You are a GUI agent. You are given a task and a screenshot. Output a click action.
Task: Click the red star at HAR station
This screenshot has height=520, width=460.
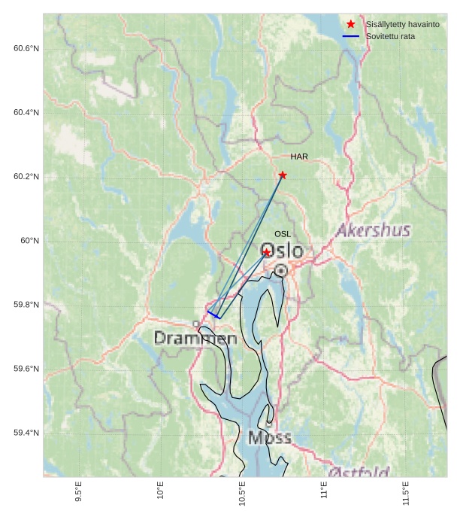(283, 175)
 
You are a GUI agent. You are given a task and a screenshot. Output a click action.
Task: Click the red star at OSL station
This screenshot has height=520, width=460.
(266, 253)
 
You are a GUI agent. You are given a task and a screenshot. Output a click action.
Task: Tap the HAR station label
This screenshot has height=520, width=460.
(299, 157)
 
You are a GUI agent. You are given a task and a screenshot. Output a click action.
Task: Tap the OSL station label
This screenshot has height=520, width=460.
(282, 234)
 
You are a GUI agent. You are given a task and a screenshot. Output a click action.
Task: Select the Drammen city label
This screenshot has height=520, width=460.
(195, 339)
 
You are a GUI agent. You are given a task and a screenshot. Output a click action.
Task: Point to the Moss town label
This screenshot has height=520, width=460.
(269, 437)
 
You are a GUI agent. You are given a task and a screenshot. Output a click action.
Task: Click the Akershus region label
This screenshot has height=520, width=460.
(373, 230)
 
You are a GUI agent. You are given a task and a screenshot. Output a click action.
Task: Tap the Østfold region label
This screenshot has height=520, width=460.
(360, 472)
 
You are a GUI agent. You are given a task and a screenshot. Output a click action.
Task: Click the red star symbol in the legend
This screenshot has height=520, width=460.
(350, 24)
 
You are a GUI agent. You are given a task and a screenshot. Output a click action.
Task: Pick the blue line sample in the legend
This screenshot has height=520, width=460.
(350, 36)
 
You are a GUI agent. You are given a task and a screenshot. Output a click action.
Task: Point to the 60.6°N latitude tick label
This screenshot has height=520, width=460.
(26, 49)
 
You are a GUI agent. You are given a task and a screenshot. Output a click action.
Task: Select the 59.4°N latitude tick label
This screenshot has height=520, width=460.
(26, 433)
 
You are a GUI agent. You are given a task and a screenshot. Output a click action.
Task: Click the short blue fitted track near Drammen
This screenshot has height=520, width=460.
(213, 315)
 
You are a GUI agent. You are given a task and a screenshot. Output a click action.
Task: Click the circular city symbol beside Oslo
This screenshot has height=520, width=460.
(280, 269)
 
